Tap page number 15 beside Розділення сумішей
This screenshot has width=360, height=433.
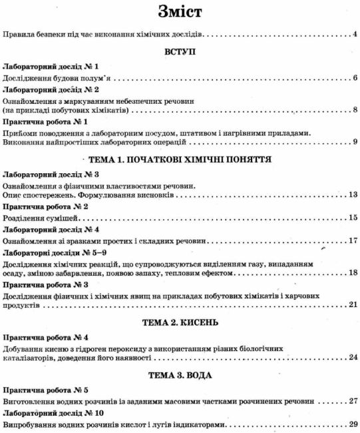pos(353,218)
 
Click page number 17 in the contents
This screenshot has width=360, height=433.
pos(353,240)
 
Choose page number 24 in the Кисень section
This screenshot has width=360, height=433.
pos(353,357)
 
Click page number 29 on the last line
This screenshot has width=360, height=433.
pos(353,424)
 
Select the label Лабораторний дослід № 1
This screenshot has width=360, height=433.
pos(51,67)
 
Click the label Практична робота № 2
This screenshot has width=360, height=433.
pos(46,207)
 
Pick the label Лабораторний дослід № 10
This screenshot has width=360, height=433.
pos(53,414)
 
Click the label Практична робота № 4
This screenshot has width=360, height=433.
pos(46,336)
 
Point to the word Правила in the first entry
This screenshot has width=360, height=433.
pos(19,33)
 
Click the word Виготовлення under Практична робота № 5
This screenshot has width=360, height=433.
pos(30,402)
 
